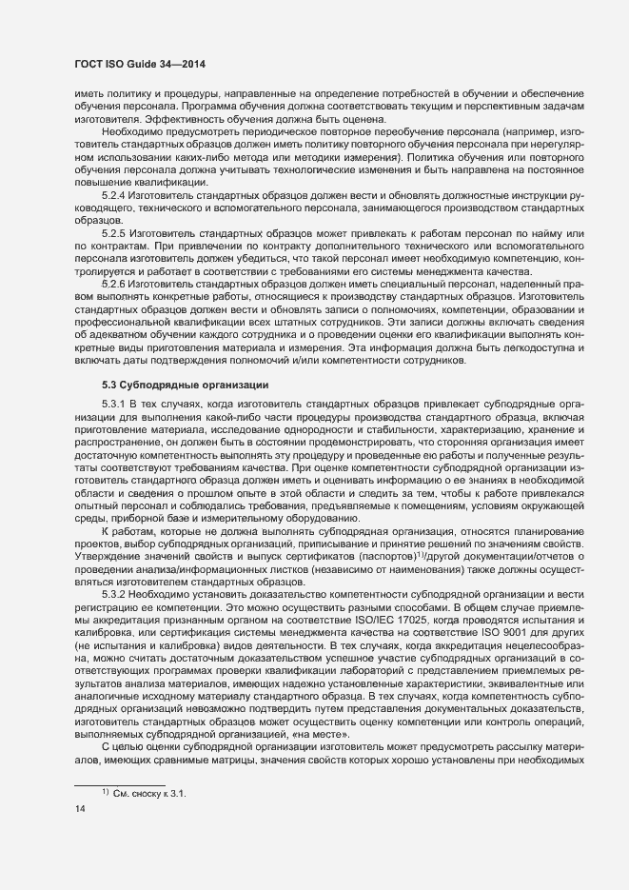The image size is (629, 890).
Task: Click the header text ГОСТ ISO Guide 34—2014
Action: click(x=140, y=64)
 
